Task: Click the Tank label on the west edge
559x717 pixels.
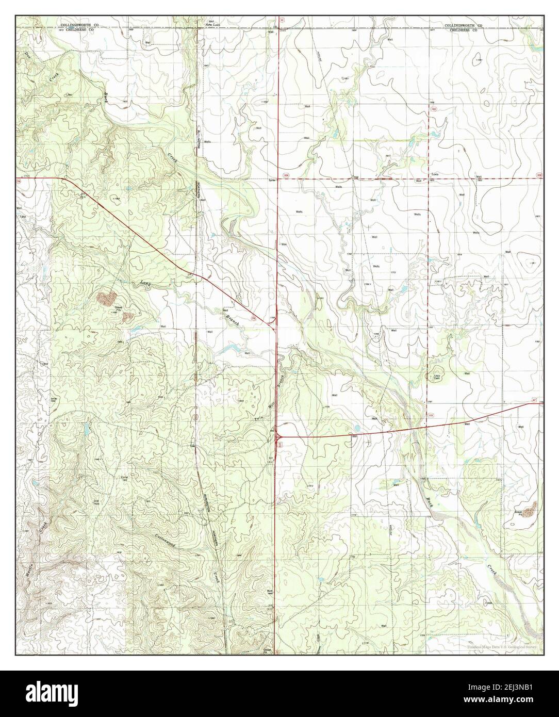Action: (22, 217)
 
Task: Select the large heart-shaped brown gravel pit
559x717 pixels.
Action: (107, 297)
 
